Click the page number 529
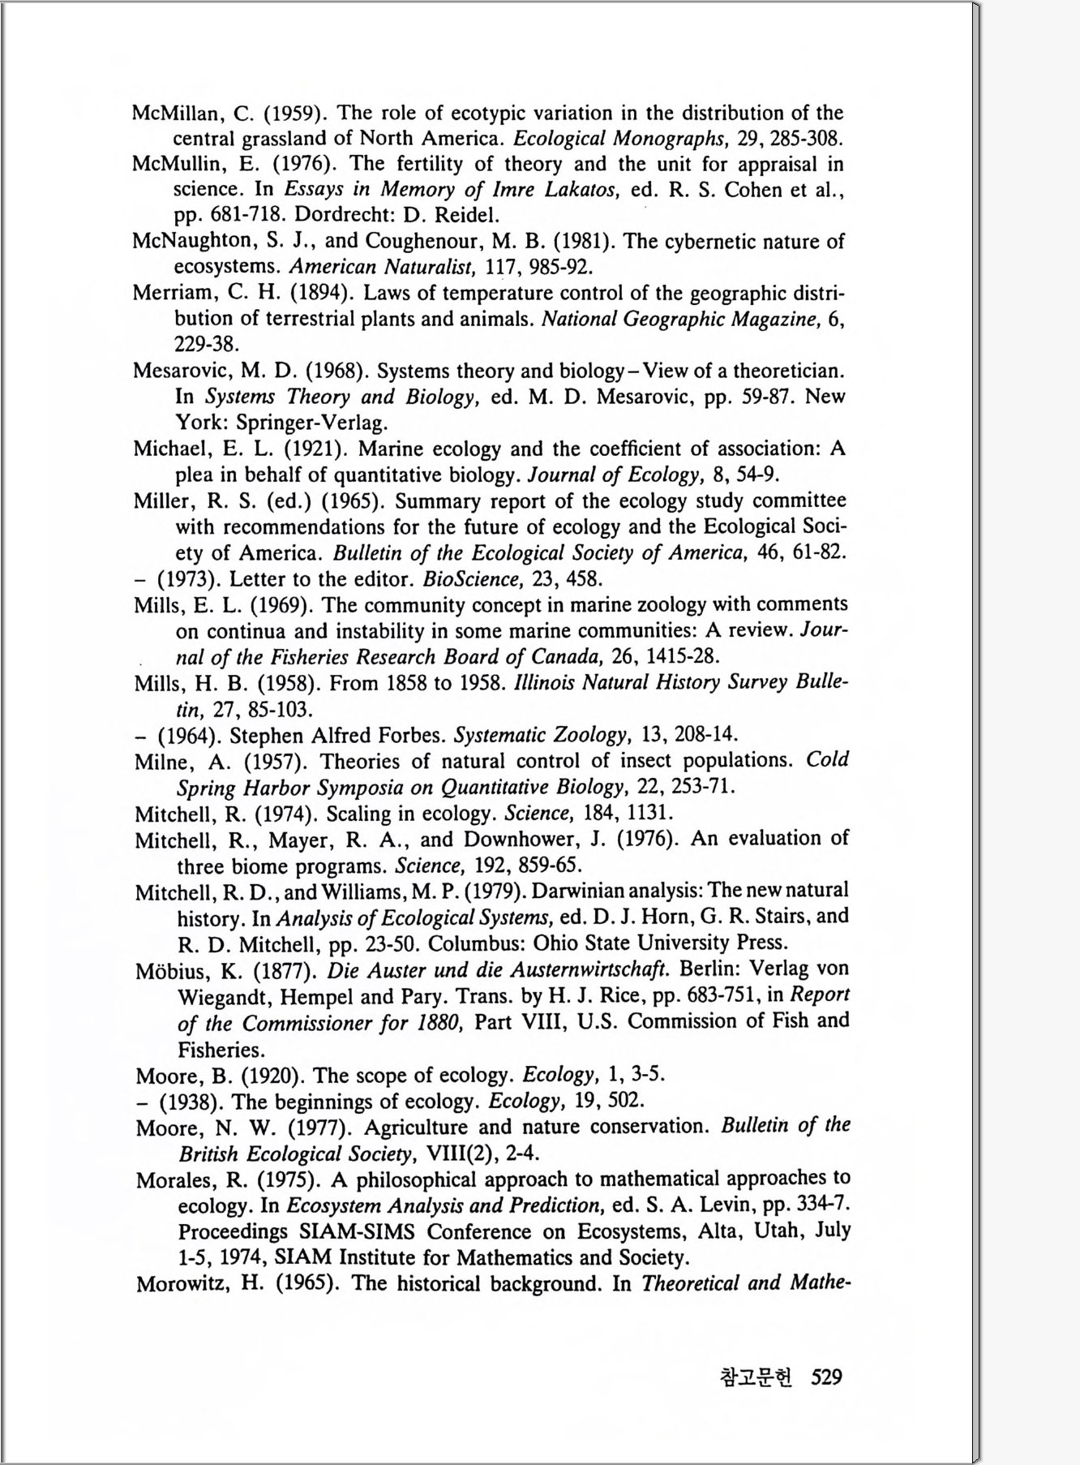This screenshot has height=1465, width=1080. click(x=825, y=1377)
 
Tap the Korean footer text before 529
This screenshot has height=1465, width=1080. click(x=756, y=1377)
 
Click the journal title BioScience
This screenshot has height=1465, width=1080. click(x=463, y=579)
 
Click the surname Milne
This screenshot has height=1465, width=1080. click(x=165, y=762)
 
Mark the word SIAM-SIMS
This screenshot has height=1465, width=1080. click(x=357, y=1231)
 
